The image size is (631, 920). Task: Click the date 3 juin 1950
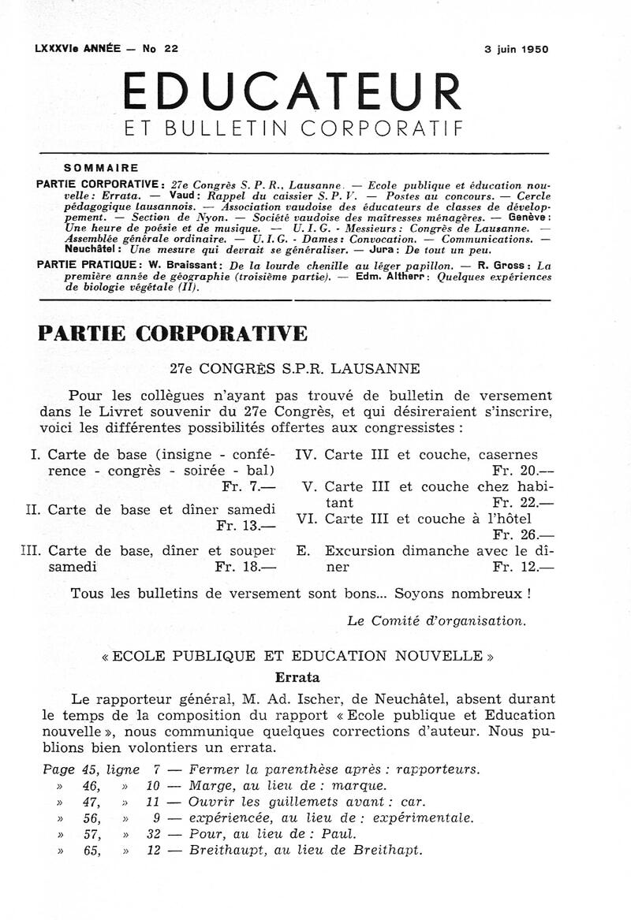[x=516, y=49]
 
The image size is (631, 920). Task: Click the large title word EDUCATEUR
[x=293, y=91]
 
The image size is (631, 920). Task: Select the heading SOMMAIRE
[x=101, y=168]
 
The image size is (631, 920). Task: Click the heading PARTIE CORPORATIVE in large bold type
[x=173, y=333]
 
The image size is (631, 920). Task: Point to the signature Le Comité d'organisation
[x=436, y=620]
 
